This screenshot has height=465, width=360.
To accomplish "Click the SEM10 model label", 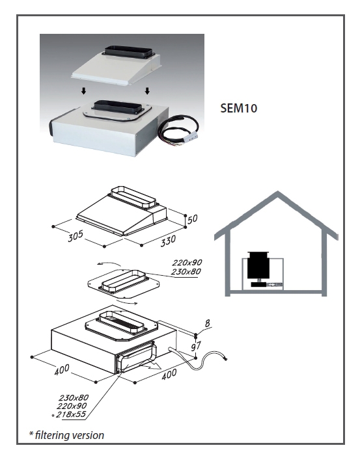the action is click(239, 108).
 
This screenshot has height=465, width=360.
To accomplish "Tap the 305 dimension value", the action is click(76, 236).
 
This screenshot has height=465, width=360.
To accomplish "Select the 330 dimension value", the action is click(168, 241).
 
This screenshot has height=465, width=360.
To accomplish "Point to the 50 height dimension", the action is click(192, 219).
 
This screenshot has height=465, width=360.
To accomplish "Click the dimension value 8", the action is click(208, 323).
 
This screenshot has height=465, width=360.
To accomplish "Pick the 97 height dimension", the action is click(196, 345).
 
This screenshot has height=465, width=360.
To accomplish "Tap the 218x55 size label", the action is click(71, 414).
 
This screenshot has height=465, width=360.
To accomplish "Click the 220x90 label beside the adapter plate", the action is click(187, 263).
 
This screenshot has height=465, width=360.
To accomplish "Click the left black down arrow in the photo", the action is click(84, 91).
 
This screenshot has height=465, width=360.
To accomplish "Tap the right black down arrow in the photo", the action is click(147, 91).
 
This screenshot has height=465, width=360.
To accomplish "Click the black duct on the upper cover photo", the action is click(129, 52).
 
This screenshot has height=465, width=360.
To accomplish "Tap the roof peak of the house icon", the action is click(277, 193).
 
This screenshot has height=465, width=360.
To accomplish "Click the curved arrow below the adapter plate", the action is click(127, 302).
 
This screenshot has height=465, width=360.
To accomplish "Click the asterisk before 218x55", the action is click(53, 416).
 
